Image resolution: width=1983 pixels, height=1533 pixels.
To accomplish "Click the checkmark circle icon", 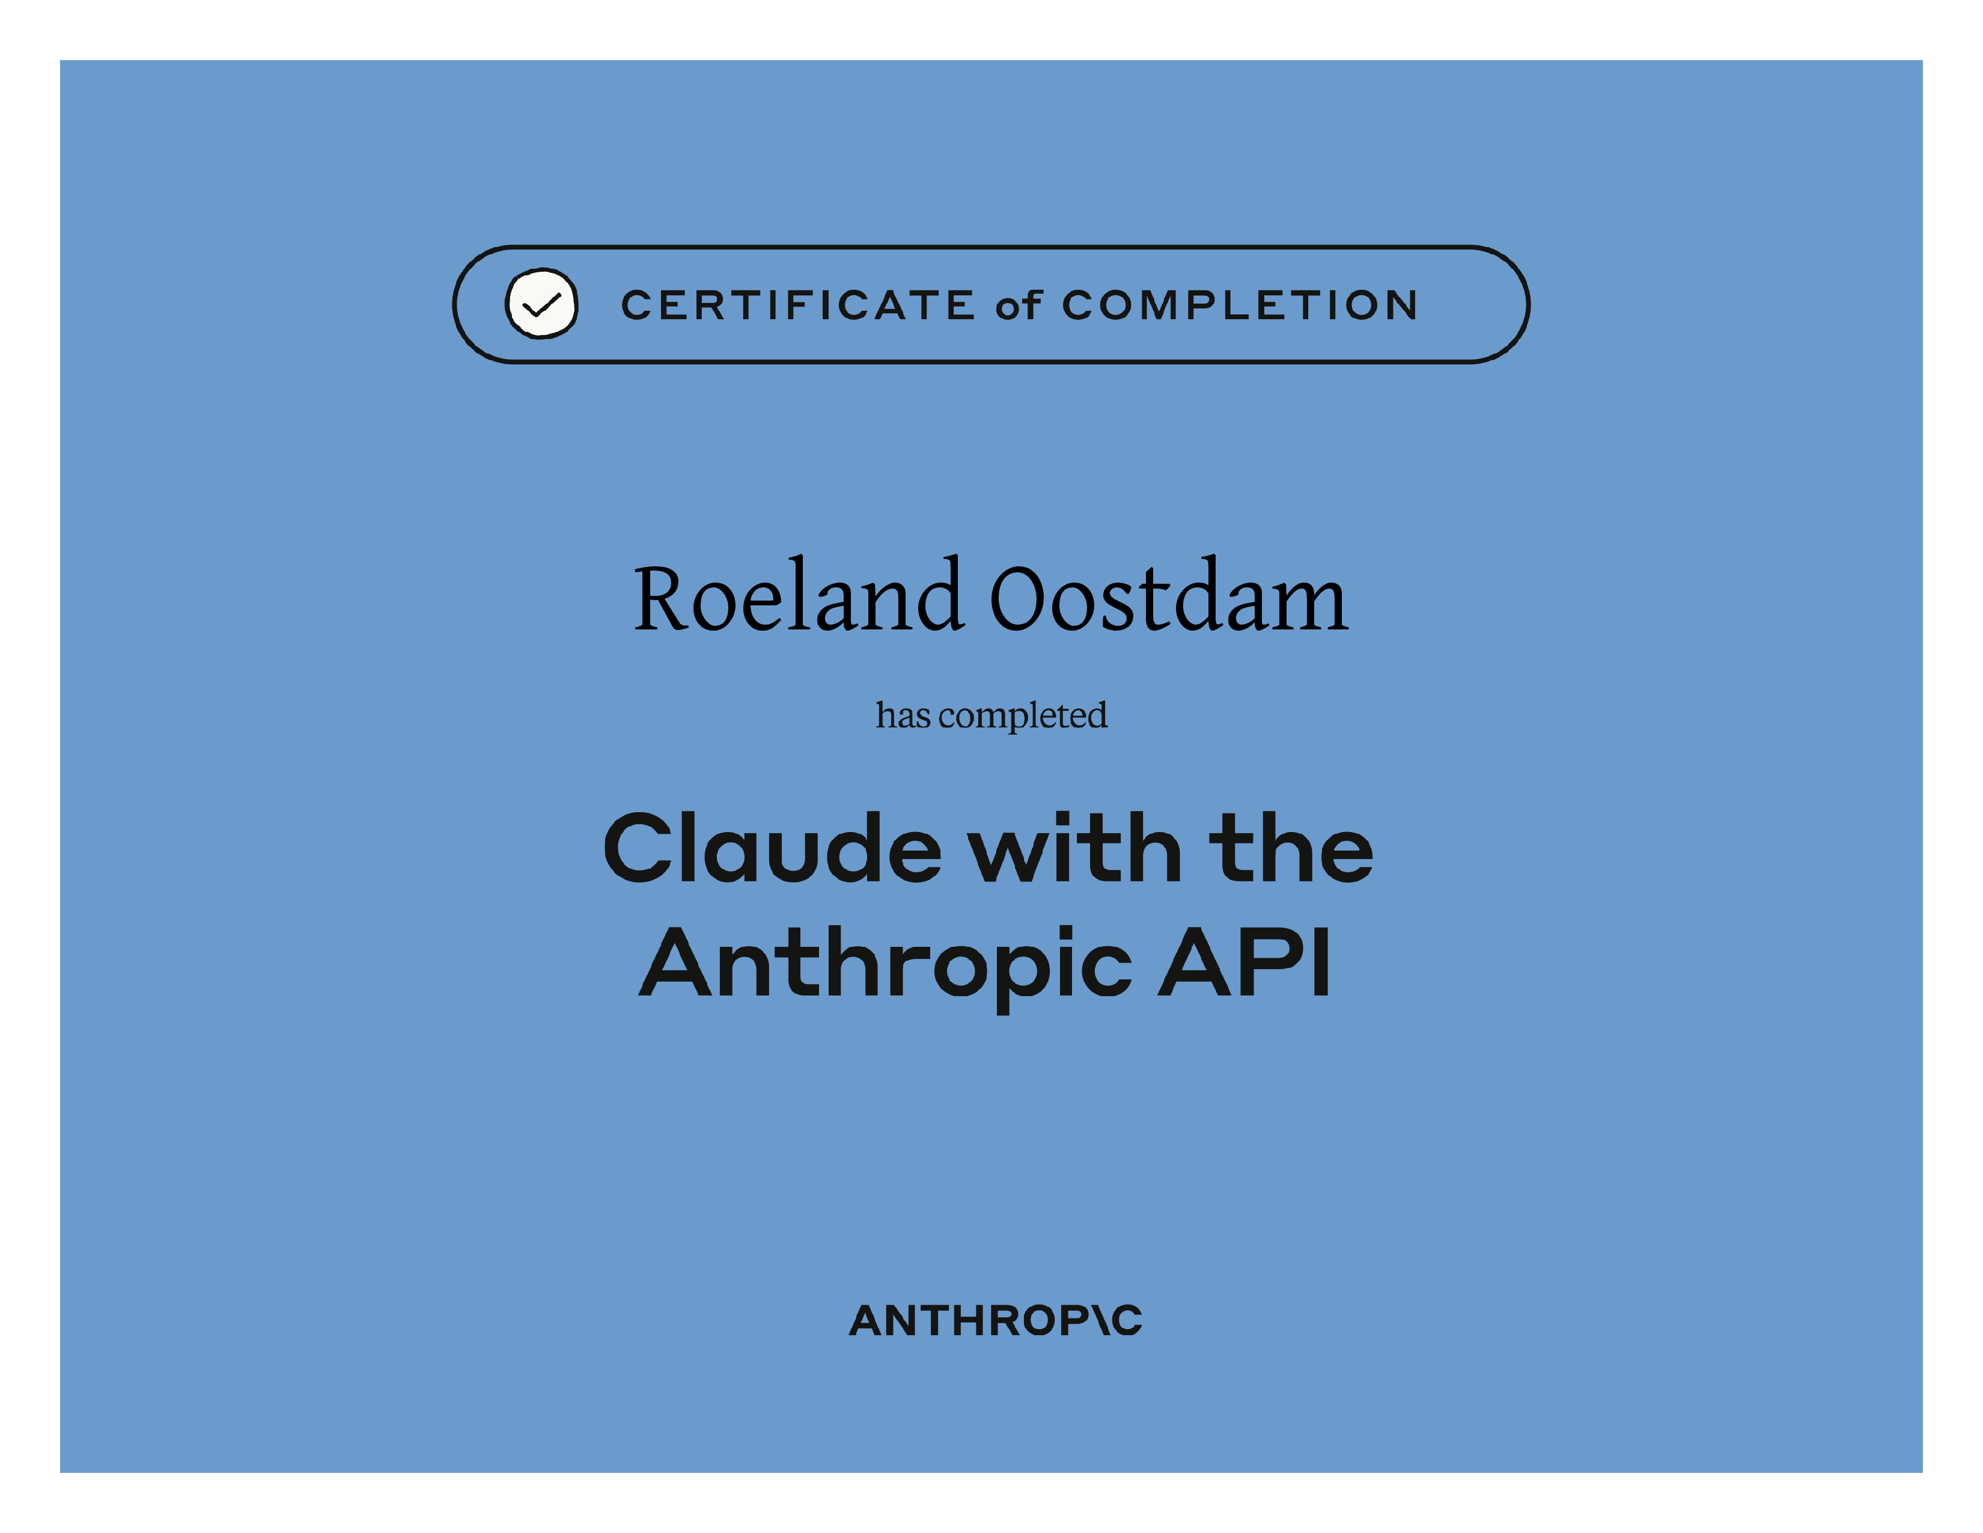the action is (541, 304).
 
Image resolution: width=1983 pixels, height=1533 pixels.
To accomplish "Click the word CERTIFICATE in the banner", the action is (798, 305).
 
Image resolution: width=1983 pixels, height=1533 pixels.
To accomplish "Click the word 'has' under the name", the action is (903, 715).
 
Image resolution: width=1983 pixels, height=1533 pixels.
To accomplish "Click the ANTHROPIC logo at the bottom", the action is (995, 1321).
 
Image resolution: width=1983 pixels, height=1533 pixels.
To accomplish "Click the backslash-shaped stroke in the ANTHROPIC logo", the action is (1102, 1321).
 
